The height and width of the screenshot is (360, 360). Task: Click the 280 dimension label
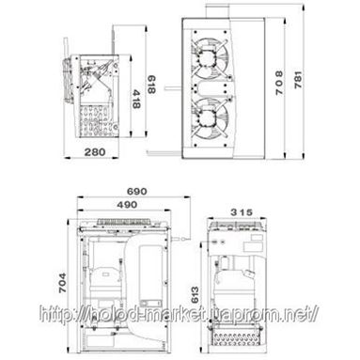point(95,152)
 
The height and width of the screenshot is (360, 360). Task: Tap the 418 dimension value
point(135,99)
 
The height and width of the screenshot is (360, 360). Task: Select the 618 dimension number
point(151,85)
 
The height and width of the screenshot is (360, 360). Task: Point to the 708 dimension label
point(279,83)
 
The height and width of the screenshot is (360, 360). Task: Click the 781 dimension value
point(298,80)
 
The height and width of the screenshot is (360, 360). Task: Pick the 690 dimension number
point(136,191)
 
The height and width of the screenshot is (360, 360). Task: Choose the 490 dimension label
point(127,205)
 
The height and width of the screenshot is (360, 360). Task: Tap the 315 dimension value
point(242,212)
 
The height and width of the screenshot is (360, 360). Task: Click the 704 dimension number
point(63,283)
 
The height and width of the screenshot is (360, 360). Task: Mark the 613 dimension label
point(195,294)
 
